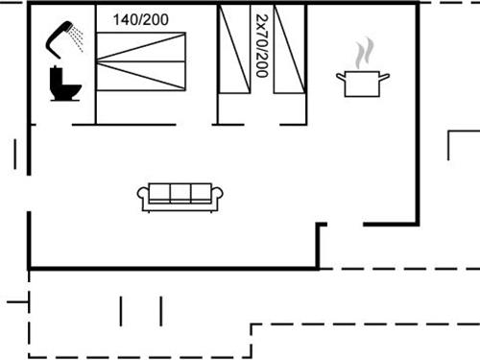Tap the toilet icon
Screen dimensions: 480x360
(x=64, y=83)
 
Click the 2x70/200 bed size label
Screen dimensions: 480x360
(x=261, y=46)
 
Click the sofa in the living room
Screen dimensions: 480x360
(x=181, y=195)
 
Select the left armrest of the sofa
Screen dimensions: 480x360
(x=144, y=198)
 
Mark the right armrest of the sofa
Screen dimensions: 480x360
(x=219, y=198)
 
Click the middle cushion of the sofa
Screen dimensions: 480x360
(x=181, y=193)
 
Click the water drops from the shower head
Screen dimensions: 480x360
(x=79, y=38)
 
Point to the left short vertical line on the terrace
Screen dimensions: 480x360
(x=122, y=311)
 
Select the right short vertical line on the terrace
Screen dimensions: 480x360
(x=160, y=311)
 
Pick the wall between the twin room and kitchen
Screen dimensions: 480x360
(x=305, y=63)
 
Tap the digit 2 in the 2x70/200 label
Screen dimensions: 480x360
(x=261, y=18)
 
